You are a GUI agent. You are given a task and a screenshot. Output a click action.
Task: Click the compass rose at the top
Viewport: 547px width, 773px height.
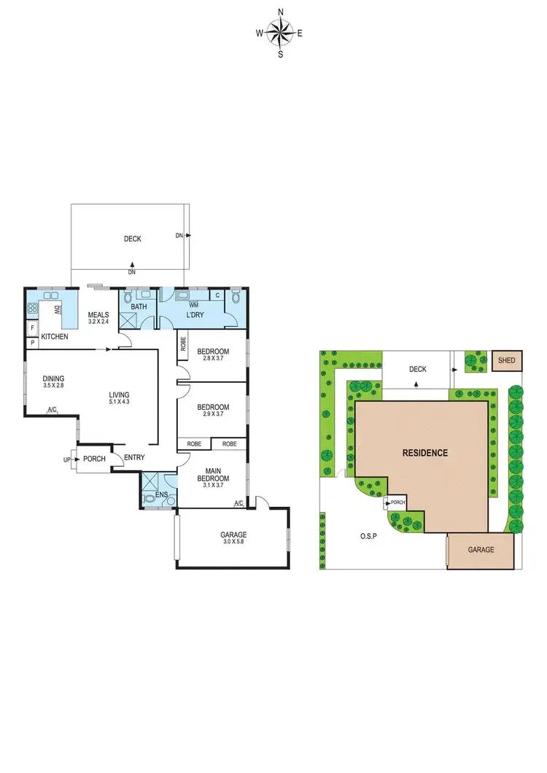coord(279,32)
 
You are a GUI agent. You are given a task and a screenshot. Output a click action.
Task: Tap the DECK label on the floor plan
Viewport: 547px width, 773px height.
coord(132,238)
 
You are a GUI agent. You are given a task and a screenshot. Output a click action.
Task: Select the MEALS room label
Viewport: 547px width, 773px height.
coord(98,315)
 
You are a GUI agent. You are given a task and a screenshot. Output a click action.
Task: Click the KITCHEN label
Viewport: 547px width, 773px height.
coord(55,337)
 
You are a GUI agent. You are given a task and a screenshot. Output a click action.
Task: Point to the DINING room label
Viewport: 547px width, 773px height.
coord(53,378)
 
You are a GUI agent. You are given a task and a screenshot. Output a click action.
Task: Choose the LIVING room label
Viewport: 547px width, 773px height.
coord(118,395)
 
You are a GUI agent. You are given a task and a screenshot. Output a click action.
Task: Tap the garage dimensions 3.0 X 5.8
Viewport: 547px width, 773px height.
coord(233,543)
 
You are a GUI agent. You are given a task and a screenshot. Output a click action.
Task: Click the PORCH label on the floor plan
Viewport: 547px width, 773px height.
coord(95,459)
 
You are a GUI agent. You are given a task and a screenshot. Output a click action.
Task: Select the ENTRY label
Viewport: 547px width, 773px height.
coord(134,458)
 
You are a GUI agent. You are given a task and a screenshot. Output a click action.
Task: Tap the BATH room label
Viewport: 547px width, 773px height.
coord(139,307)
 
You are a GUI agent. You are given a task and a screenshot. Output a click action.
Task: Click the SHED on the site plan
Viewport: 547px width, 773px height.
coord(505,360)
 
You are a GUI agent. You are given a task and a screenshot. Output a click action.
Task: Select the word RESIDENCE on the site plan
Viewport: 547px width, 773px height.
coord(425,453)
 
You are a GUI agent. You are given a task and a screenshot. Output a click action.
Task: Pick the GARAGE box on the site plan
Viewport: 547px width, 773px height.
coord(481,550)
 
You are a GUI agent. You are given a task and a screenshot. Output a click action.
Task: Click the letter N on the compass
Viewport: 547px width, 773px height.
coord(280,11)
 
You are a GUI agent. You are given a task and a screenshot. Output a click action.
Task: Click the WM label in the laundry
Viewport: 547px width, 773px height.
coord(194,304)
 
